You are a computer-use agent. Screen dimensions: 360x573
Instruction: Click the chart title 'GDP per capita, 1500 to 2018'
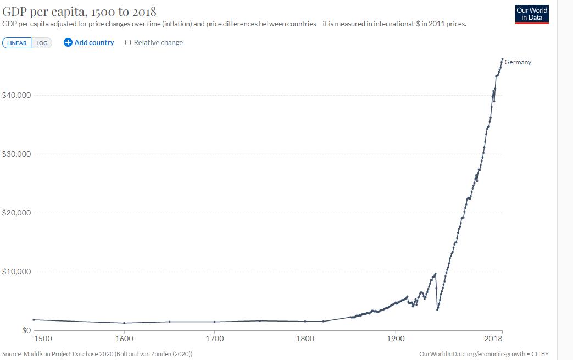pyautogui.click(x=80, y=12)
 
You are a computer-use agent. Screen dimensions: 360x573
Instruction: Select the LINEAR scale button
pyautogui.click(x=17, y=43)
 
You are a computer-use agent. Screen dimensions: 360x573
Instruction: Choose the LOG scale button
pyautogui.click(x=42, y=43)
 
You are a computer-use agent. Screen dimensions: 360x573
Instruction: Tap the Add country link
pyautogui.click(x=89, y=42)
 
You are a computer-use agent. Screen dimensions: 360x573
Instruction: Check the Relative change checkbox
pyautogui.click(x=128, y=42)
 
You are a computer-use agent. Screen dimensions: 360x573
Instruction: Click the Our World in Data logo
pyautogui.click(x=532, y=14)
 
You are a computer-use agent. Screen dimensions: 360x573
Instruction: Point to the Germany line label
pyautogui.click(x=518, y=62)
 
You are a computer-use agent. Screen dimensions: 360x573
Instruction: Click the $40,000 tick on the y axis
pyautogui.click(x=16, y=95)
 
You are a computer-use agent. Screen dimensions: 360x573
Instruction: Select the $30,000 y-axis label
pyautogui.click(x=16, y=154)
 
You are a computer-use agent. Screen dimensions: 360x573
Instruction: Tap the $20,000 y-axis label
pyautogui.click(x=16, y=213)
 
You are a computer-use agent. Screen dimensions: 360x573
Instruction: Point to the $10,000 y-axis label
pyautogui.click(x=16, y=272)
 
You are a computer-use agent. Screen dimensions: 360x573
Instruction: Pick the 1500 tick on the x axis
pyautogui.click(x=43, y=339)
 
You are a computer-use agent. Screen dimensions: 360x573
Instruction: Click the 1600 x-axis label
pyautogui.click(x=124, y=339)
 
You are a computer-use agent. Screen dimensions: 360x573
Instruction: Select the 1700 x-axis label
pyautogui.click(x=214, y=339)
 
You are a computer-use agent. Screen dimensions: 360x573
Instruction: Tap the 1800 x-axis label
pyautogui.click(x=305, y=339)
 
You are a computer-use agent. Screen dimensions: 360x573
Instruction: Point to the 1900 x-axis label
pyautogui.click(x=395, y=339)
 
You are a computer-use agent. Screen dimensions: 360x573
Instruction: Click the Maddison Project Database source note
pyautogui.click(x=97, y=353)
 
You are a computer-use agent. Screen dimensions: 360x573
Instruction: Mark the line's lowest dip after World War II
pyautogui.click(x=437, y=309)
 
